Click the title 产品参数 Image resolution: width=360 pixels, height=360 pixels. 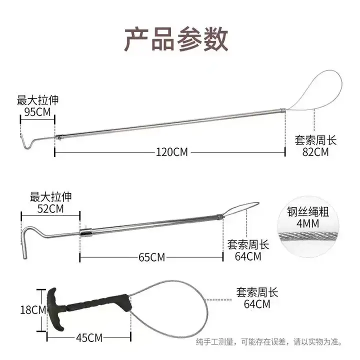click(176, 39)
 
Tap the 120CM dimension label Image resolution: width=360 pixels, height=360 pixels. click(171, 152)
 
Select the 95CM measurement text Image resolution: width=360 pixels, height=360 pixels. click(37, 112)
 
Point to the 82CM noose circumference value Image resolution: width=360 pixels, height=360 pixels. click(315, 152)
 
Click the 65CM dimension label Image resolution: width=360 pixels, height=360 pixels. click(151, 257)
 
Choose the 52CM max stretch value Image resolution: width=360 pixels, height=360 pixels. click(50, 208)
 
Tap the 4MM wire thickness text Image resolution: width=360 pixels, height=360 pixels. click(307, 223)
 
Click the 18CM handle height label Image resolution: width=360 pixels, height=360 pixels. click(33, 310)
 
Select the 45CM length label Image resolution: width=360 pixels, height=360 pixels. click(89, 337)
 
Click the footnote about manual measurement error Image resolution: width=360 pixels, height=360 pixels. click(269, 342)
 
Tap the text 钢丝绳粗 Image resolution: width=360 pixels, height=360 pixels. click(307, 211)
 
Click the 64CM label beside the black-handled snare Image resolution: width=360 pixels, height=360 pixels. click(257, 304)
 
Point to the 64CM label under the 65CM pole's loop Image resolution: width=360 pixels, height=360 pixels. click(248, 256)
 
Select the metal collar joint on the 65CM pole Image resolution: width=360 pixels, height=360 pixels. click(86, 232)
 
